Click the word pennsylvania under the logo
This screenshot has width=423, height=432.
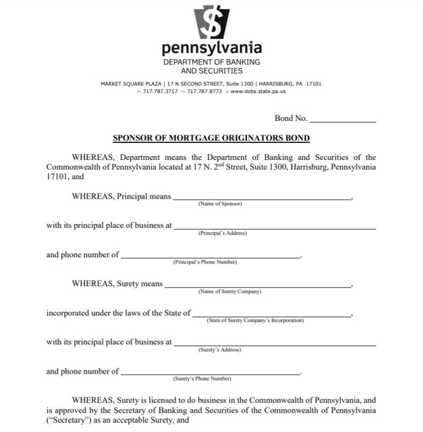[211, 48]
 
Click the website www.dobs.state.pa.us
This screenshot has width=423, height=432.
[258, 91]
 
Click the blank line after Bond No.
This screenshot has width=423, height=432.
[342, 121]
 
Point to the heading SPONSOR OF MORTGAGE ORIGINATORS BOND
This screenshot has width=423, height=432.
[211, 138]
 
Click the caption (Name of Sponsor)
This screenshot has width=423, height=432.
[220, 204]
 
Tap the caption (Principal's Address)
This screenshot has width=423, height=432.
[222, 233]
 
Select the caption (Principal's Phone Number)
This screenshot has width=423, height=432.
[205, 263]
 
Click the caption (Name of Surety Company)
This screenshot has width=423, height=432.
[230, 292]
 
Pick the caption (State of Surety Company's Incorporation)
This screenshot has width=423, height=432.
[255, 321]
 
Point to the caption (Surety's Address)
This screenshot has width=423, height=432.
[220, 350]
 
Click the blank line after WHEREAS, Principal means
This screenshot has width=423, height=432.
[262, 198]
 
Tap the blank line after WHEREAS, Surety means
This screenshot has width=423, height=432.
[258, 286]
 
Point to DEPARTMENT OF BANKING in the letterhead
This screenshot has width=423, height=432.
[211, 62]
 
